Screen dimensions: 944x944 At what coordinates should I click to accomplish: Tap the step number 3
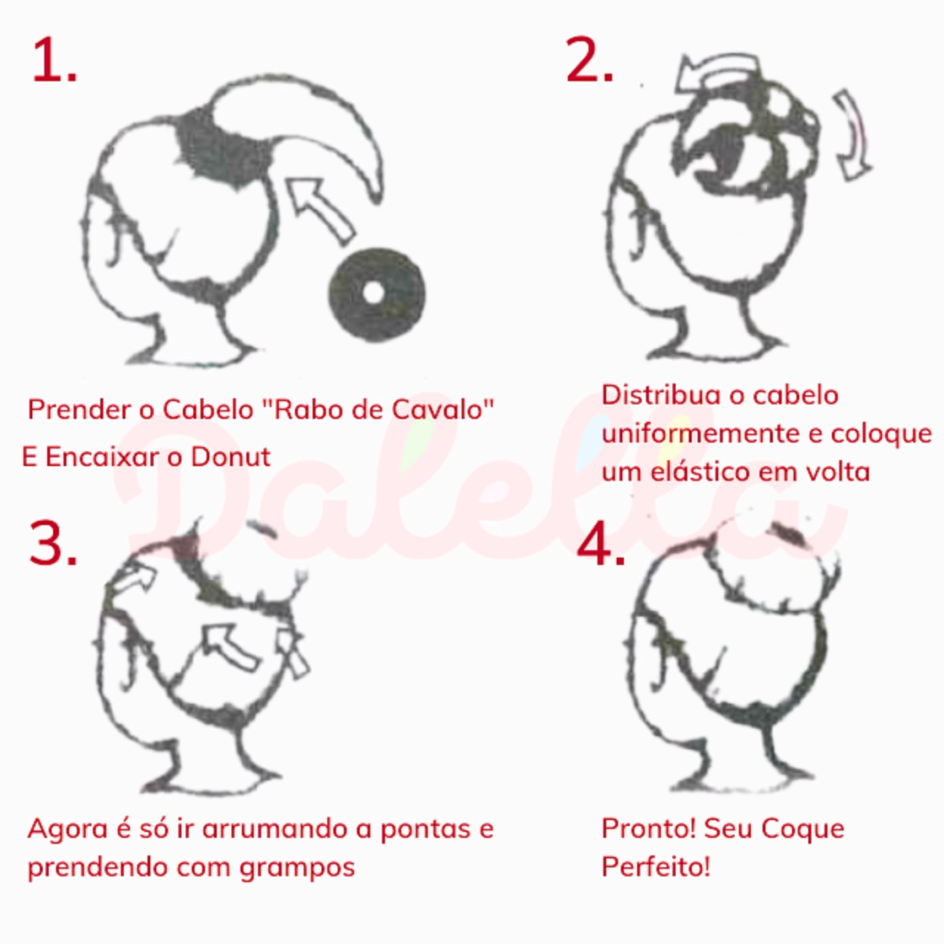tap(53, 542)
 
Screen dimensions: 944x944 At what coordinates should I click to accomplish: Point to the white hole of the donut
tap(374, 293)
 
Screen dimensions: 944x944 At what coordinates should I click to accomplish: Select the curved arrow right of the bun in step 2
tap(855, 136)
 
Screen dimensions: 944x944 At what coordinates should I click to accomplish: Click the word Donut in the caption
tap(230, 457)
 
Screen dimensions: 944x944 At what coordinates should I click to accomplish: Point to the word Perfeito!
tap(655, 867)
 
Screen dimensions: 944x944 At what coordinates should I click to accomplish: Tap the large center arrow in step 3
tap(229, 646)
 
